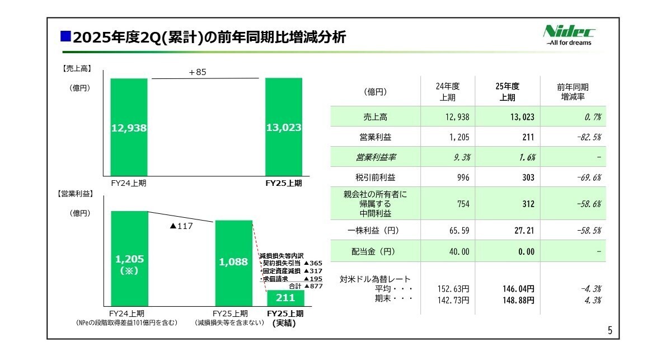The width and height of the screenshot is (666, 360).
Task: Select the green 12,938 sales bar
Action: (x=129, y=127)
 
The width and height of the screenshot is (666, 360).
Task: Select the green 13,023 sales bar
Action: (x=284, y=127)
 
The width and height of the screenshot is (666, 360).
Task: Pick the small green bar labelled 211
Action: (x=285, y=297)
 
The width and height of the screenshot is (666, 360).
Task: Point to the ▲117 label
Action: (x=180, y=227)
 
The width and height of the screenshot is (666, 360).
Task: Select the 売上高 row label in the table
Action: (x=375, y=117)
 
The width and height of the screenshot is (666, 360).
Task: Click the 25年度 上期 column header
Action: (x=507, y=91)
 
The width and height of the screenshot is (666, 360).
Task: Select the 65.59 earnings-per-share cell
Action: (x=458, y=230)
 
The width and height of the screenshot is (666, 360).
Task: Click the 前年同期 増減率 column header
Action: (x=573, y=92)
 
